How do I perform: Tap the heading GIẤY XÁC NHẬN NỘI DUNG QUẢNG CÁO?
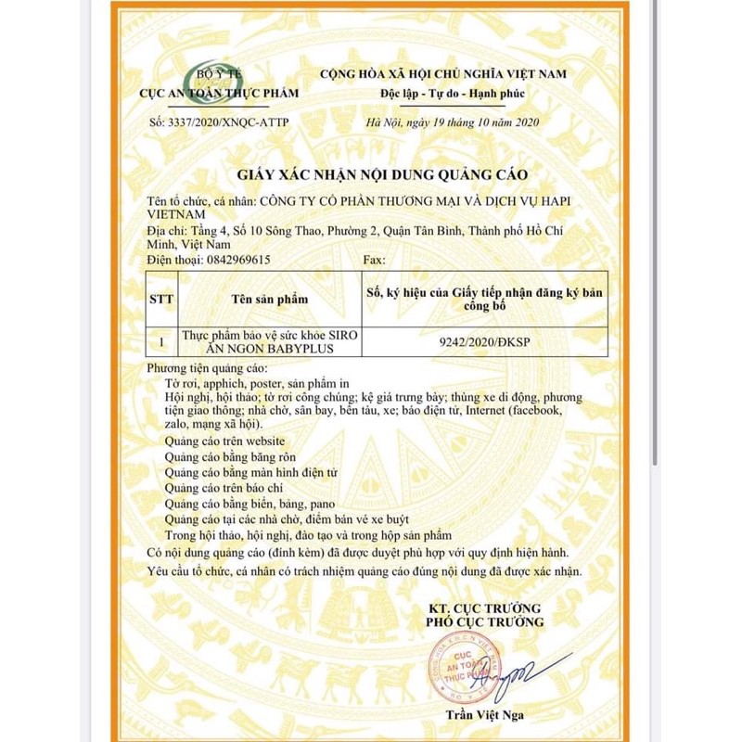(370, 174)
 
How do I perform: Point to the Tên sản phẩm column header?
(269, 300)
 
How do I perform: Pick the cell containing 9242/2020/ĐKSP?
(471, 341)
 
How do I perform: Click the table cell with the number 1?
(162, 341)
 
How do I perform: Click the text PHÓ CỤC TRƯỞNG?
(486, 621)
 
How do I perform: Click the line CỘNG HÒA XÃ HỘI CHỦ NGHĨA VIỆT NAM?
(442, 73)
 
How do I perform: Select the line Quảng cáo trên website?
(224, 441)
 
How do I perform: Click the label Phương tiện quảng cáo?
(199, 368)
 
